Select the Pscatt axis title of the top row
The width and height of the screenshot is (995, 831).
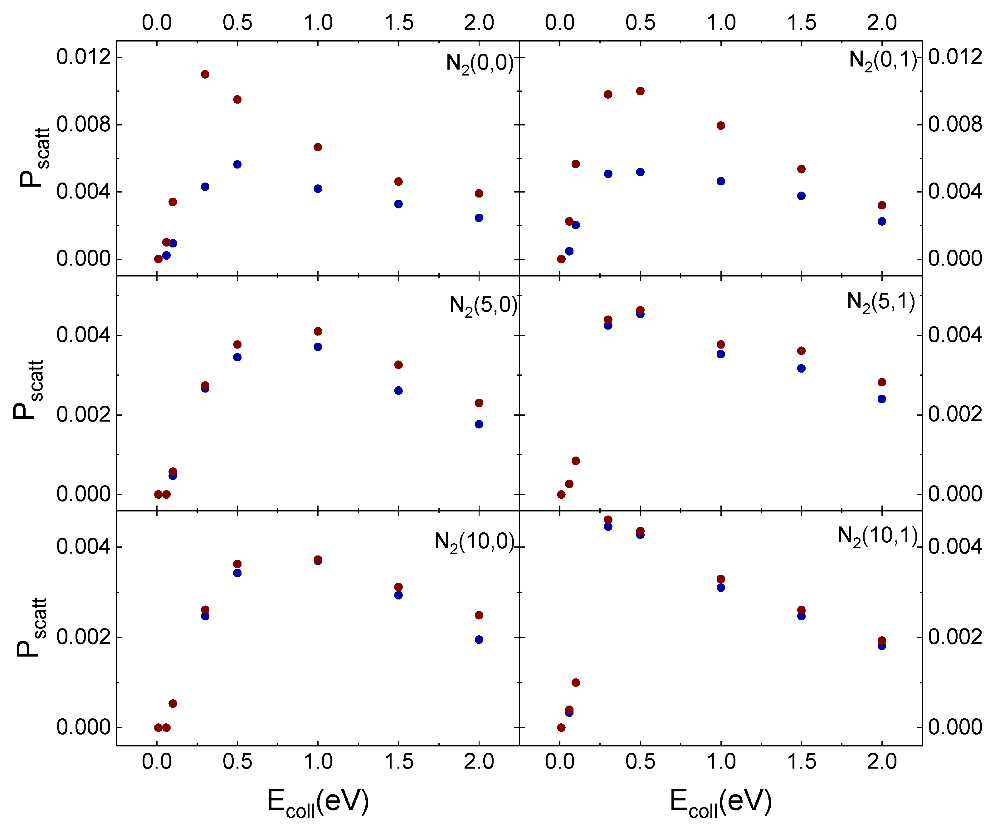34,158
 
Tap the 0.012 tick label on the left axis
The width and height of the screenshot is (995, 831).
83,57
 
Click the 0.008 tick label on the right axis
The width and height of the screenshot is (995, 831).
955,125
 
